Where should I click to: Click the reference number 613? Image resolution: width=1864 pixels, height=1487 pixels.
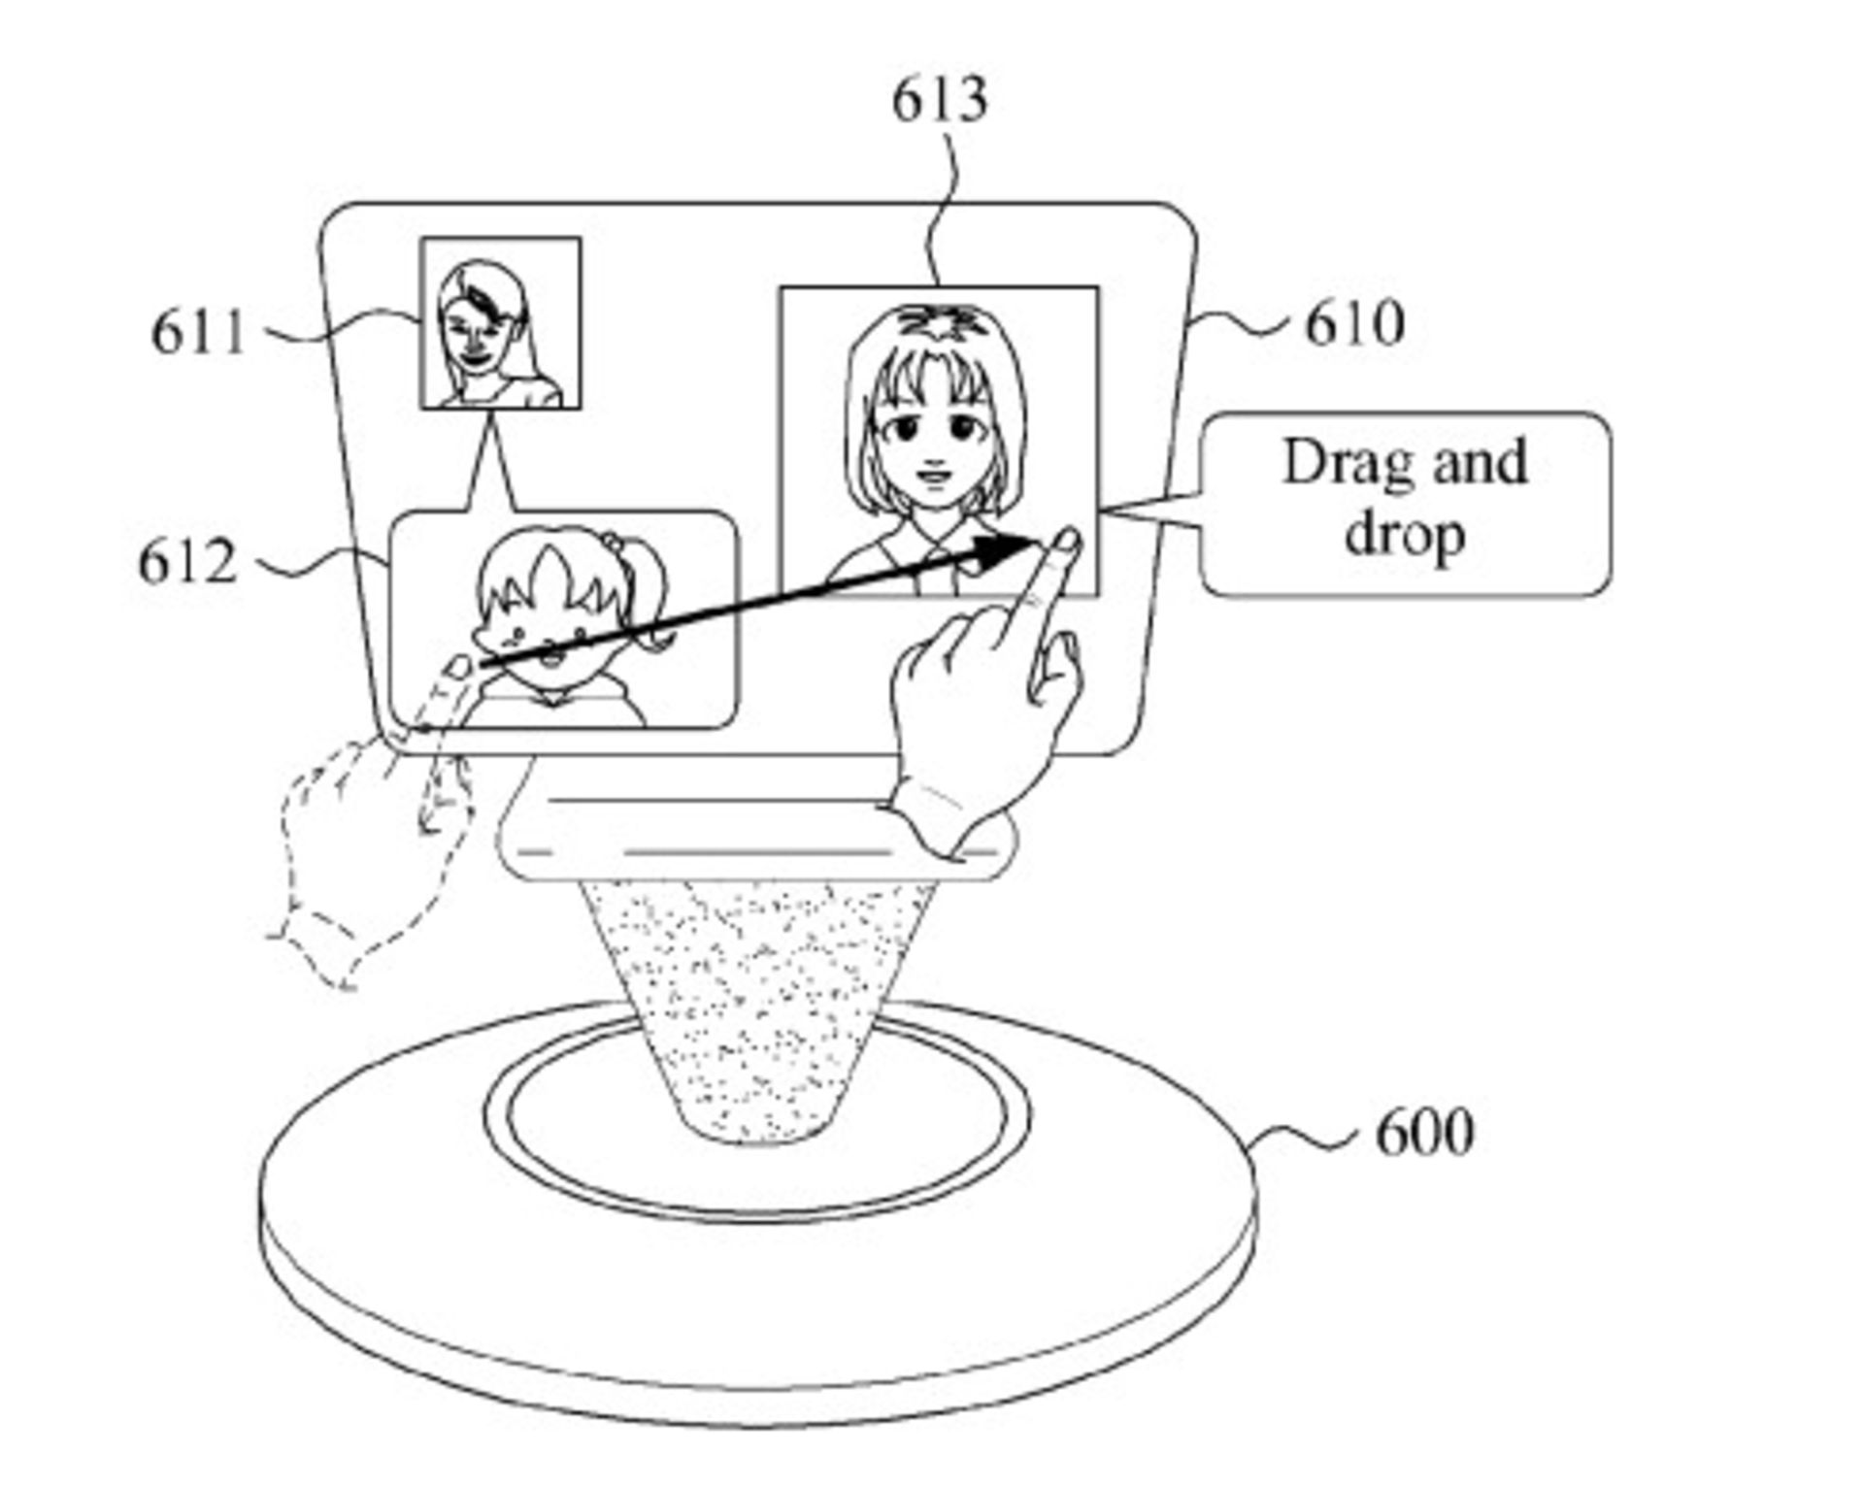click(x=939, y=100)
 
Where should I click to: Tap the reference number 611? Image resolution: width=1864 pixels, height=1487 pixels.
click(x=198, y=333)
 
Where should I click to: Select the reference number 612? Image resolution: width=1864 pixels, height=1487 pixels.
click(x=187, y=562)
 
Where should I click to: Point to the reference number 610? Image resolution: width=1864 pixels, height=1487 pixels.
click(x=1354, y=324)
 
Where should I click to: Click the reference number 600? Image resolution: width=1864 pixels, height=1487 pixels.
click(x=1424, y=1131)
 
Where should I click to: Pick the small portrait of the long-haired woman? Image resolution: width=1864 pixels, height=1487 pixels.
click(x=500, y=323)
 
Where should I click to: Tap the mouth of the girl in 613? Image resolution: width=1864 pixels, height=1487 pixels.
click(x=935, y=477)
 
